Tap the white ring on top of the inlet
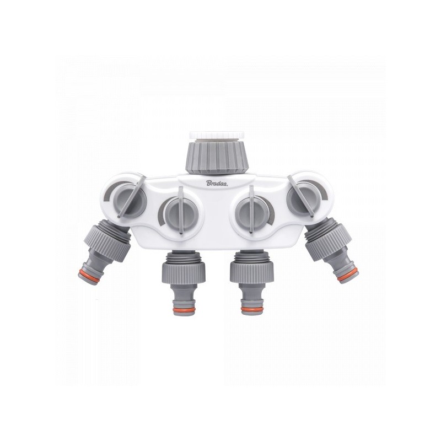[x=217, y=135]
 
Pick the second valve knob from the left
[x=181, y=211]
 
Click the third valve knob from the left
[x=251, y=210]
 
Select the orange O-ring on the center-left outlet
[x=184, y=310]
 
